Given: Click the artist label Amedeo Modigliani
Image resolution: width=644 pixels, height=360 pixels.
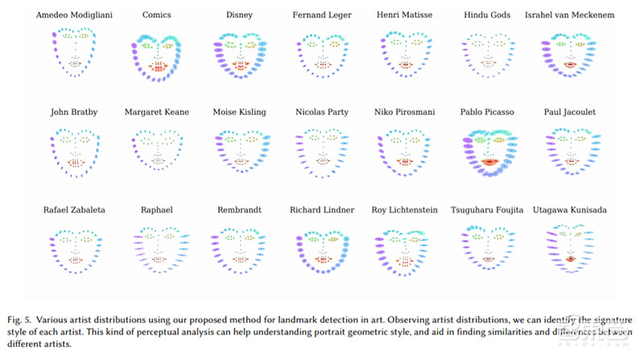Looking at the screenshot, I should [75, 14].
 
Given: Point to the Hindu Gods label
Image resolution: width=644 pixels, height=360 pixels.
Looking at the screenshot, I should [488, 14].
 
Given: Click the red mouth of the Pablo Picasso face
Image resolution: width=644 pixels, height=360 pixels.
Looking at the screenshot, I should [489, 162].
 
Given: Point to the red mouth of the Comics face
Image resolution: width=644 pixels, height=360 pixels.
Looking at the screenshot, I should [156, 66].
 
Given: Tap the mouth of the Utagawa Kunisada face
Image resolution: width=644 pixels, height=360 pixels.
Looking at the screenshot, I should [570, 259].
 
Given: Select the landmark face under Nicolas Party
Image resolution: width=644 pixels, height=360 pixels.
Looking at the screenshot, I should [322, 151].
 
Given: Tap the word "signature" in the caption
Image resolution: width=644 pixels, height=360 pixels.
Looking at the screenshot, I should [595, 310].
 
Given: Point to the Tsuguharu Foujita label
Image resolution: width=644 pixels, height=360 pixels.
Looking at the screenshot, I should [488, 209].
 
